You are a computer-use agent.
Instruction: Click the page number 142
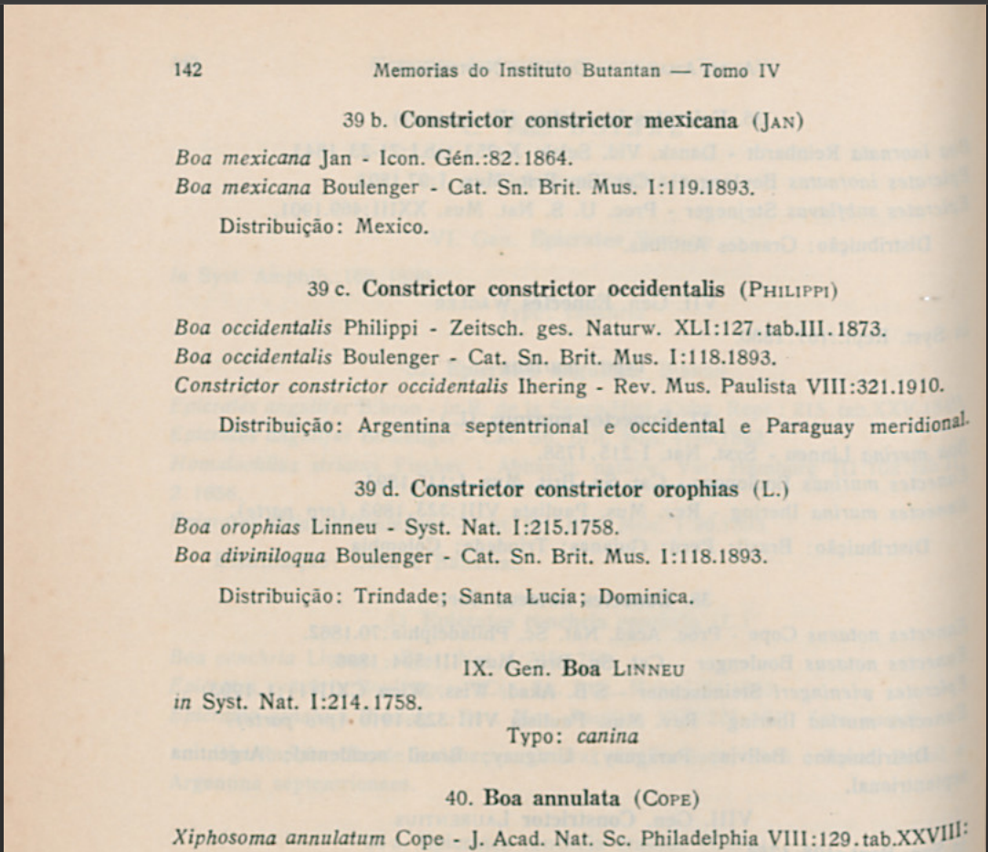tap(187, 71)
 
